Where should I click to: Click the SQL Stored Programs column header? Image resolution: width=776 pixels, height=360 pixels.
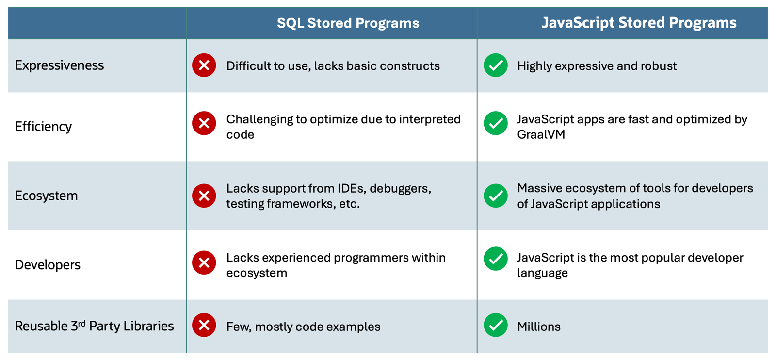tap(348, 23)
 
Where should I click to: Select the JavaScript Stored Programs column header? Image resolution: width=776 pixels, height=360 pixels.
tap(639, 23)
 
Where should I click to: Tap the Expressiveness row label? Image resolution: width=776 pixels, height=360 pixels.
tap(59, 65)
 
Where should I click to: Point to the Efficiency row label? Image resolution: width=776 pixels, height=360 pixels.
tap(43, 127)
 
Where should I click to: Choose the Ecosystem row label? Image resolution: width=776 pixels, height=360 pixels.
tap(46, 196)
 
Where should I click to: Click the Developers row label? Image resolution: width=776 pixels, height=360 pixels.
tap(48, 265)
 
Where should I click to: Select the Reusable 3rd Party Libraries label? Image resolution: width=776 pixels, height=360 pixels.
tap(94, 326)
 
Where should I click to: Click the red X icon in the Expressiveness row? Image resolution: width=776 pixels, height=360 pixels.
tap(204, 65)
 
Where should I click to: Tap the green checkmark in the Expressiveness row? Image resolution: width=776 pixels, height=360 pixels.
tap(496, 65)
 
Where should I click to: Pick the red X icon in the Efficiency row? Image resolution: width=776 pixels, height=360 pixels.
tap(204, 123)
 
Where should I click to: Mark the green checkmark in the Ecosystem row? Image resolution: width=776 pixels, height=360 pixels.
tap(496, 196)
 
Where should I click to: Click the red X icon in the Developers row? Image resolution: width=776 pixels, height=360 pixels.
tap(204, 262)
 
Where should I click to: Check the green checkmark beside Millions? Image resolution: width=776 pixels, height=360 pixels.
tap(496, 325)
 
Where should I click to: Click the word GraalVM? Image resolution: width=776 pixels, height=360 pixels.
tap(541, 134)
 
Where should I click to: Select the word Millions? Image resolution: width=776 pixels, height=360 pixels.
tap(539, 327)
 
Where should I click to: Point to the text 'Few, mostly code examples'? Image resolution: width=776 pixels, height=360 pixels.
tap(303, 327)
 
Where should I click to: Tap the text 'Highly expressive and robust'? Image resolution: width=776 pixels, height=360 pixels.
tap(597, 66)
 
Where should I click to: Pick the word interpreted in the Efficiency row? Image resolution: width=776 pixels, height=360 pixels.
tap(430, 119)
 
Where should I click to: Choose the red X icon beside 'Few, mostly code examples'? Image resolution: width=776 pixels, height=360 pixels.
tap(204, 325)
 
